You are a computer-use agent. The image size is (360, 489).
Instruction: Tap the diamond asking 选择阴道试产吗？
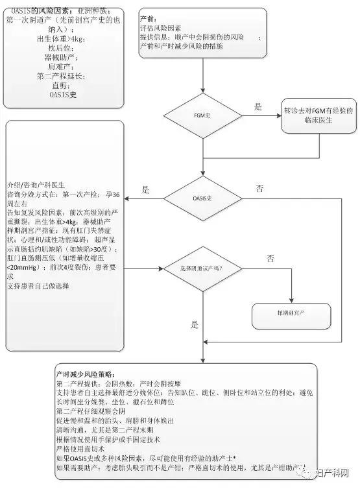click(x=204, y=267)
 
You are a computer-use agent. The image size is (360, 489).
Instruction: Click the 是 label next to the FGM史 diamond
click(x=258, y=107)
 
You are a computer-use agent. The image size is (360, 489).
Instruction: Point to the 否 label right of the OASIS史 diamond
click(x=259, y=189)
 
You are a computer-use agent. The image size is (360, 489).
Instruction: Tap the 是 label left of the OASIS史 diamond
click(x=145, y=190)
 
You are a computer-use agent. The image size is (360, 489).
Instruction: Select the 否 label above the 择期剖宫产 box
click(x=270, y=257)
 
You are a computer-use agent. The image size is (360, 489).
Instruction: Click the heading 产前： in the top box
click(x=149, y=20)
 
